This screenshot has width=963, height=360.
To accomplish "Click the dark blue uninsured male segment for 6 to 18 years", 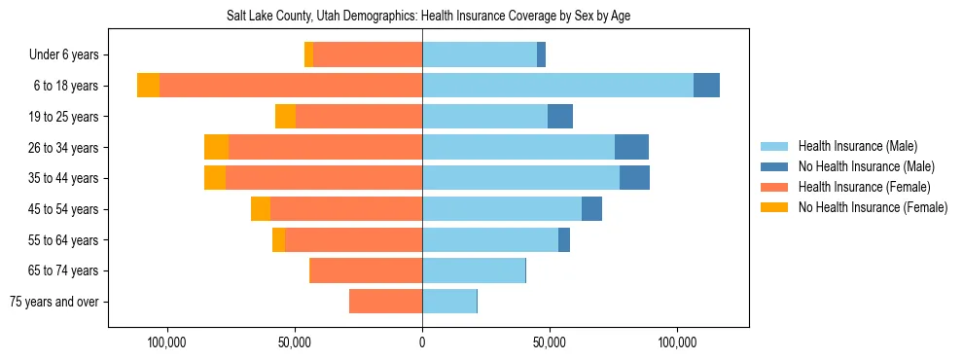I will (706, 86).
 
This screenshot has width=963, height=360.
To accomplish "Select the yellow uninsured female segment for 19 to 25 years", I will (285, 117).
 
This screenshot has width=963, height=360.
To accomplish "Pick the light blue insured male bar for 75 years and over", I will (449, 302).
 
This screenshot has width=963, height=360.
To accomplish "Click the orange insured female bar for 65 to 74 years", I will (366, 270).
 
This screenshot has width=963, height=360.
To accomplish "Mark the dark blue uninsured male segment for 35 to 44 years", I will (634, 178).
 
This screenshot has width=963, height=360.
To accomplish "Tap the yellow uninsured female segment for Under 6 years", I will (308, 55).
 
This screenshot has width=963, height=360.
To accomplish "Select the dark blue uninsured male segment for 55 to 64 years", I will (564, 240).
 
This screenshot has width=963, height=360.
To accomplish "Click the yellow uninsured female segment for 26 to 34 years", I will (216, 148).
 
